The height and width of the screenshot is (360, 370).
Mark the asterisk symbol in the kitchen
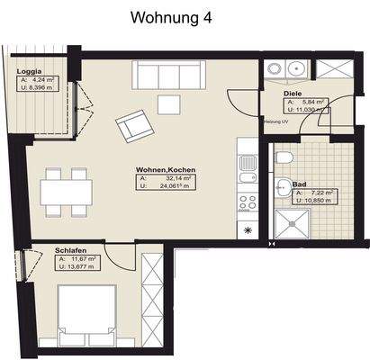coord(249,231)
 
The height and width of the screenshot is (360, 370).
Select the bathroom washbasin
coord(284,189)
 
